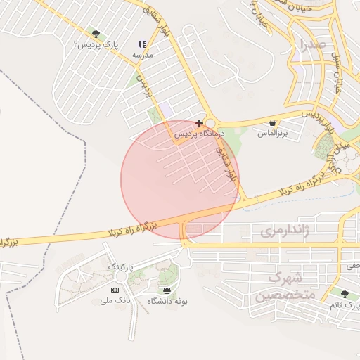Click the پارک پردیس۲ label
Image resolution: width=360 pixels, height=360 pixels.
point(96,44)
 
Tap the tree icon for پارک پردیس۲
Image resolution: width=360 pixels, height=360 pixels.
point(96,34)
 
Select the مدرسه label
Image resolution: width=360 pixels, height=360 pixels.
point(143,54)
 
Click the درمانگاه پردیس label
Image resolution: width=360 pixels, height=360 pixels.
point(199,133)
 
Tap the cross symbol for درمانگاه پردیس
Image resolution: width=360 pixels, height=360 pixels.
point(200,123)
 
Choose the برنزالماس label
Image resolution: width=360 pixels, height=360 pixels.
point(272,133)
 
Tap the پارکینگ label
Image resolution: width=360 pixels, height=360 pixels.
point(122,267)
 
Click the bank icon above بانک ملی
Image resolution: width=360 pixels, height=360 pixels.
point(115,290)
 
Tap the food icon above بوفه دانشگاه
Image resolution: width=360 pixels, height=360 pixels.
point(167,290)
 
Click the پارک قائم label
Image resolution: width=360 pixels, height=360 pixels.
point(344,305)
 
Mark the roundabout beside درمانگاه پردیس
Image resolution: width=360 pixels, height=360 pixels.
point(210,123)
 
